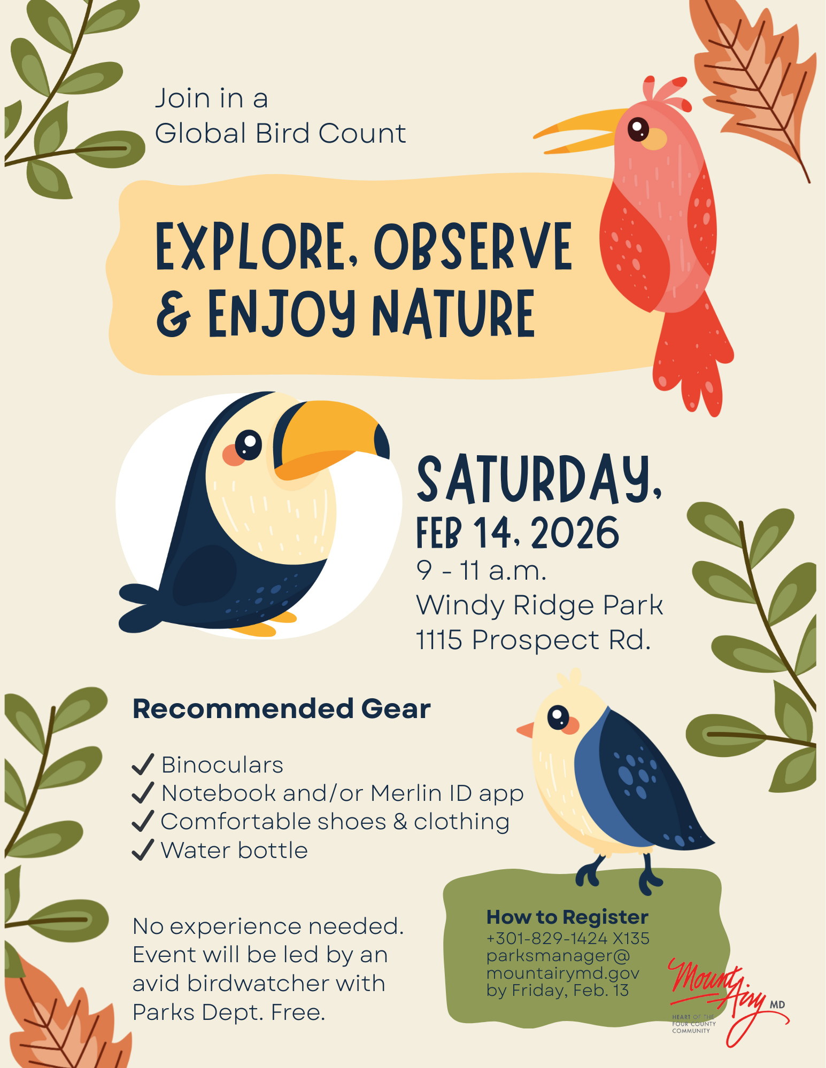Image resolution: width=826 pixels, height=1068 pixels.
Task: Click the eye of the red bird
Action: [x=638, y=129]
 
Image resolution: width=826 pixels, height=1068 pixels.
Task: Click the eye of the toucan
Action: [x=248, y=443]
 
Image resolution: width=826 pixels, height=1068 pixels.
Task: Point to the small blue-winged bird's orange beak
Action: [x=526, y=730]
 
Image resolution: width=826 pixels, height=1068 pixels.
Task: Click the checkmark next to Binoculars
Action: [x=143, y=765]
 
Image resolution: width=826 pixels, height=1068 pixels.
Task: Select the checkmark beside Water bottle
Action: [x=143, y=849]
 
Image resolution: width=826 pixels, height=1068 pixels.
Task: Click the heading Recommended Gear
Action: [x=281, y=709]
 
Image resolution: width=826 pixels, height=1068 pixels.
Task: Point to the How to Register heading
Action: [x=567, y=917]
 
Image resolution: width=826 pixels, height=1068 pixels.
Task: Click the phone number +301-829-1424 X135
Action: [x=567, y=938]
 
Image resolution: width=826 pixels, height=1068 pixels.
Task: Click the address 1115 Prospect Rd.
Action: [x=533, y=640]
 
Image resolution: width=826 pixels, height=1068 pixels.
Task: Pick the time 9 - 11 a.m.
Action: [x=481, y=571]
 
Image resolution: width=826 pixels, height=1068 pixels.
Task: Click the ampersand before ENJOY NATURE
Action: [x=173, y=315]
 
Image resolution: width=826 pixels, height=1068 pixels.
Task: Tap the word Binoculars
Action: [x=222, y=765]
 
